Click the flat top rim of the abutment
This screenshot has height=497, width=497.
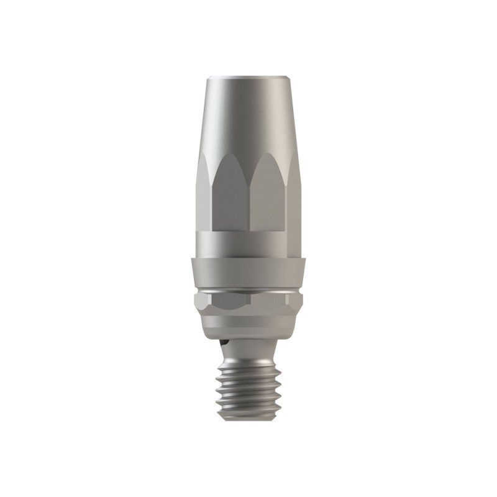[x=248, y=78]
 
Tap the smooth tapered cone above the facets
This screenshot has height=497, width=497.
[x=248, y=118]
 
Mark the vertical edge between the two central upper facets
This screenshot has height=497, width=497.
[x=248, y=205]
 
